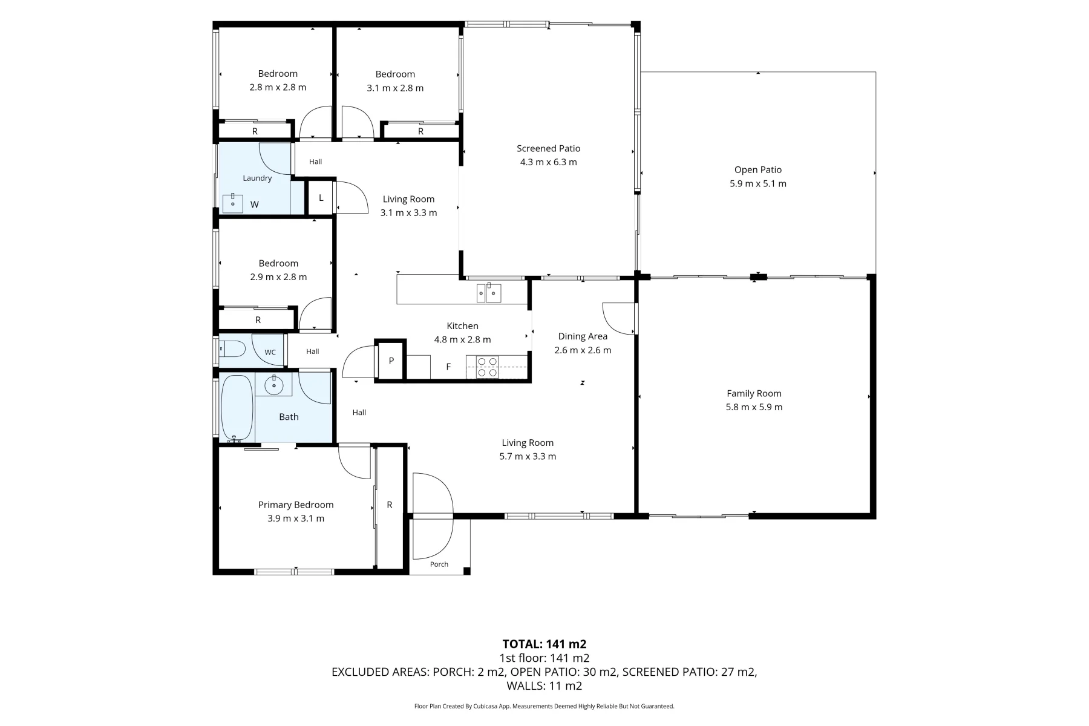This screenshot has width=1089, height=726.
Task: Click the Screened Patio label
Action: (548, 148)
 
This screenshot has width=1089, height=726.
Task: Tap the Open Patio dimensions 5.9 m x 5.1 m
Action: (758, 184)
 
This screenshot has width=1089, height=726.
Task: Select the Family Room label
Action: (754, 393)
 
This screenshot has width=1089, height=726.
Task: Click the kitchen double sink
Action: (489, 293)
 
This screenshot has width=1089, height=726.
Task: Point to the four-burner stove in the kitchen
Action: (488, 367)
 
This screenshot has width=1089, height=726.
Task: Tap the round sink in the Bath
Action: (274, 385)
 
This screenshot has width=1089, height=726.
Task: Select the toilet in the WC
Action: (232, 349)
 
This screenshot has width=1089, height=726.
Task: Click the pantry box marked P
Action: (391, 361)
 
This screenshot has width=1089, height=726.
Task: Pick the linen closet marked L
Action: (321, 198)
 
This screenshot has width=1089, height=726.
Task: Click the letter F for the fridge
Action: (448, 367)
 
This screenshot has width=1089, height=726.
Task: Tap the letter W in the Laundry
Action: (254, 204)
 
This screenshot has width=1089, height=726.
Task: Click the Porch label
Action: (439, 564)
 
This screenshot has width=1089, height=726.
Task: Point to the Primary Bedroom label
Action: (296, 505)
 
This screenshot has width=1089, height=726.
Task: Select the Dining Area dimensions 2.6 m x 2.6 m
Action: (583, 350)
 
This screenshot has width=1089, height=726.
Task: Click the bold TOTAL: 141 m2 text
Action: (544, 644)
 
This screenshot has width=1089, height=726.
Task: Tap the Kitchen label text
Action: (462, 326)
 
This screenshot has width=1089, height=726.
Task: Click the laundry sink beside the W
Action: (232, 203)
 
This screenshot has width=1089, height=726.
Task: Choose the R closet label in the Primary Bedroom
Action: (390, 505)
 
